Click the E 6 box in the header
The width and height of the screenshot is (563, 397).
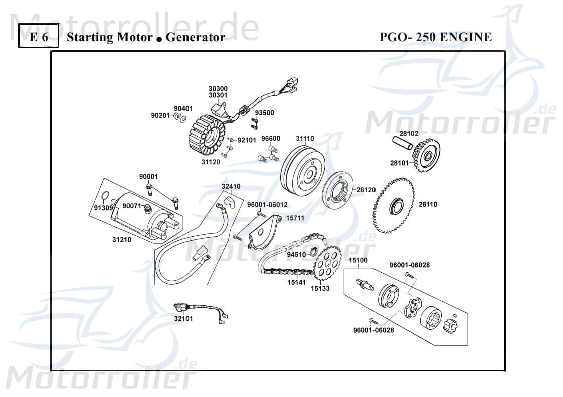point(39,37)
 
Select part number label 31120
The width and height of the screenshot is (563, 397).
point(211,162)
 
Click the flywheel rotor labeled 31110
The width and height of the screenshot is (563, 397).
point(302,170)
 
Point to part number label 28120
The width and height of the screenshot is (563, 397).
point(366,190)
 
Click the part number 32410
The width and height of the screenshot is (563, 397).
point(231,186)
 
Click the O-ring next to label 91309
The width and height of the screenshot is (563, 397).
point(105,196)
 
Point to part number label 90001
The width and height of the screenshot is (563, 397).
point(148,176)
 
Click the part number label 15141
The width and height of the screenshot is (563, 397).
point(296,282)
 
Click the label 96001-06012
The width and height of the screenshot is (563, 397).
point(267,204)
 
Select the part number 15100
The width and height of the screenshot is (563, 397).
point(358,260)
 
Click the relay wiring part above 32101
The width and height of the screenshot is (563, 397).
point(198,308)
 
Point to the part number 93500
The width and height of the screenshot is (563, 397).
point(265,113)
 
